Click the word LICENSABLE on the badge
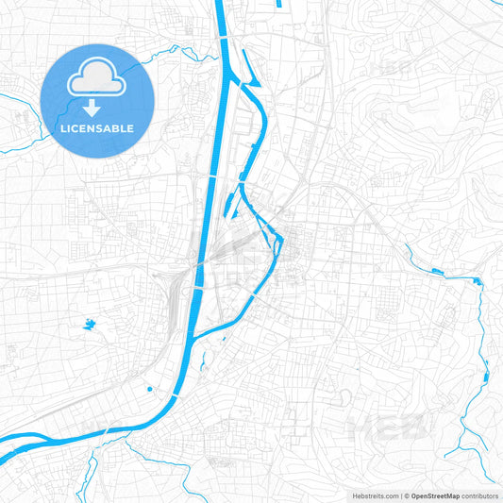coord(98,128)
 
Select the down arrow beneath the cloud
coord(98,107)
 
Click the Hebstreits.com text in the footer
coord(374,495)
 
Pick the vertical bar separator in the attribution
coord(403,495)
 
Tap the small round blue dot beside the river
coord(149,388)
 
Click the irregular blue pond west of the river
coord(89,325)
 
